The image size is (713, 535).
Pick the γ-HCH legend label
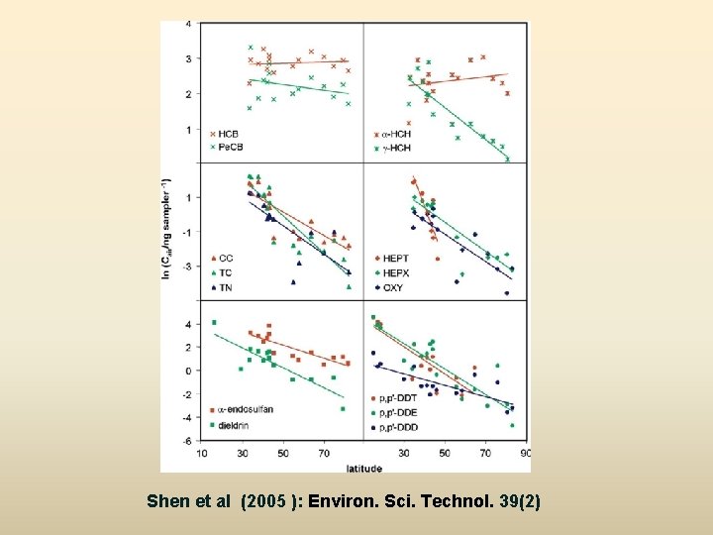pos(394,148)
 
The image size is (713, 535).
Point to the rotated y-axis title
pos(165,229)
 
